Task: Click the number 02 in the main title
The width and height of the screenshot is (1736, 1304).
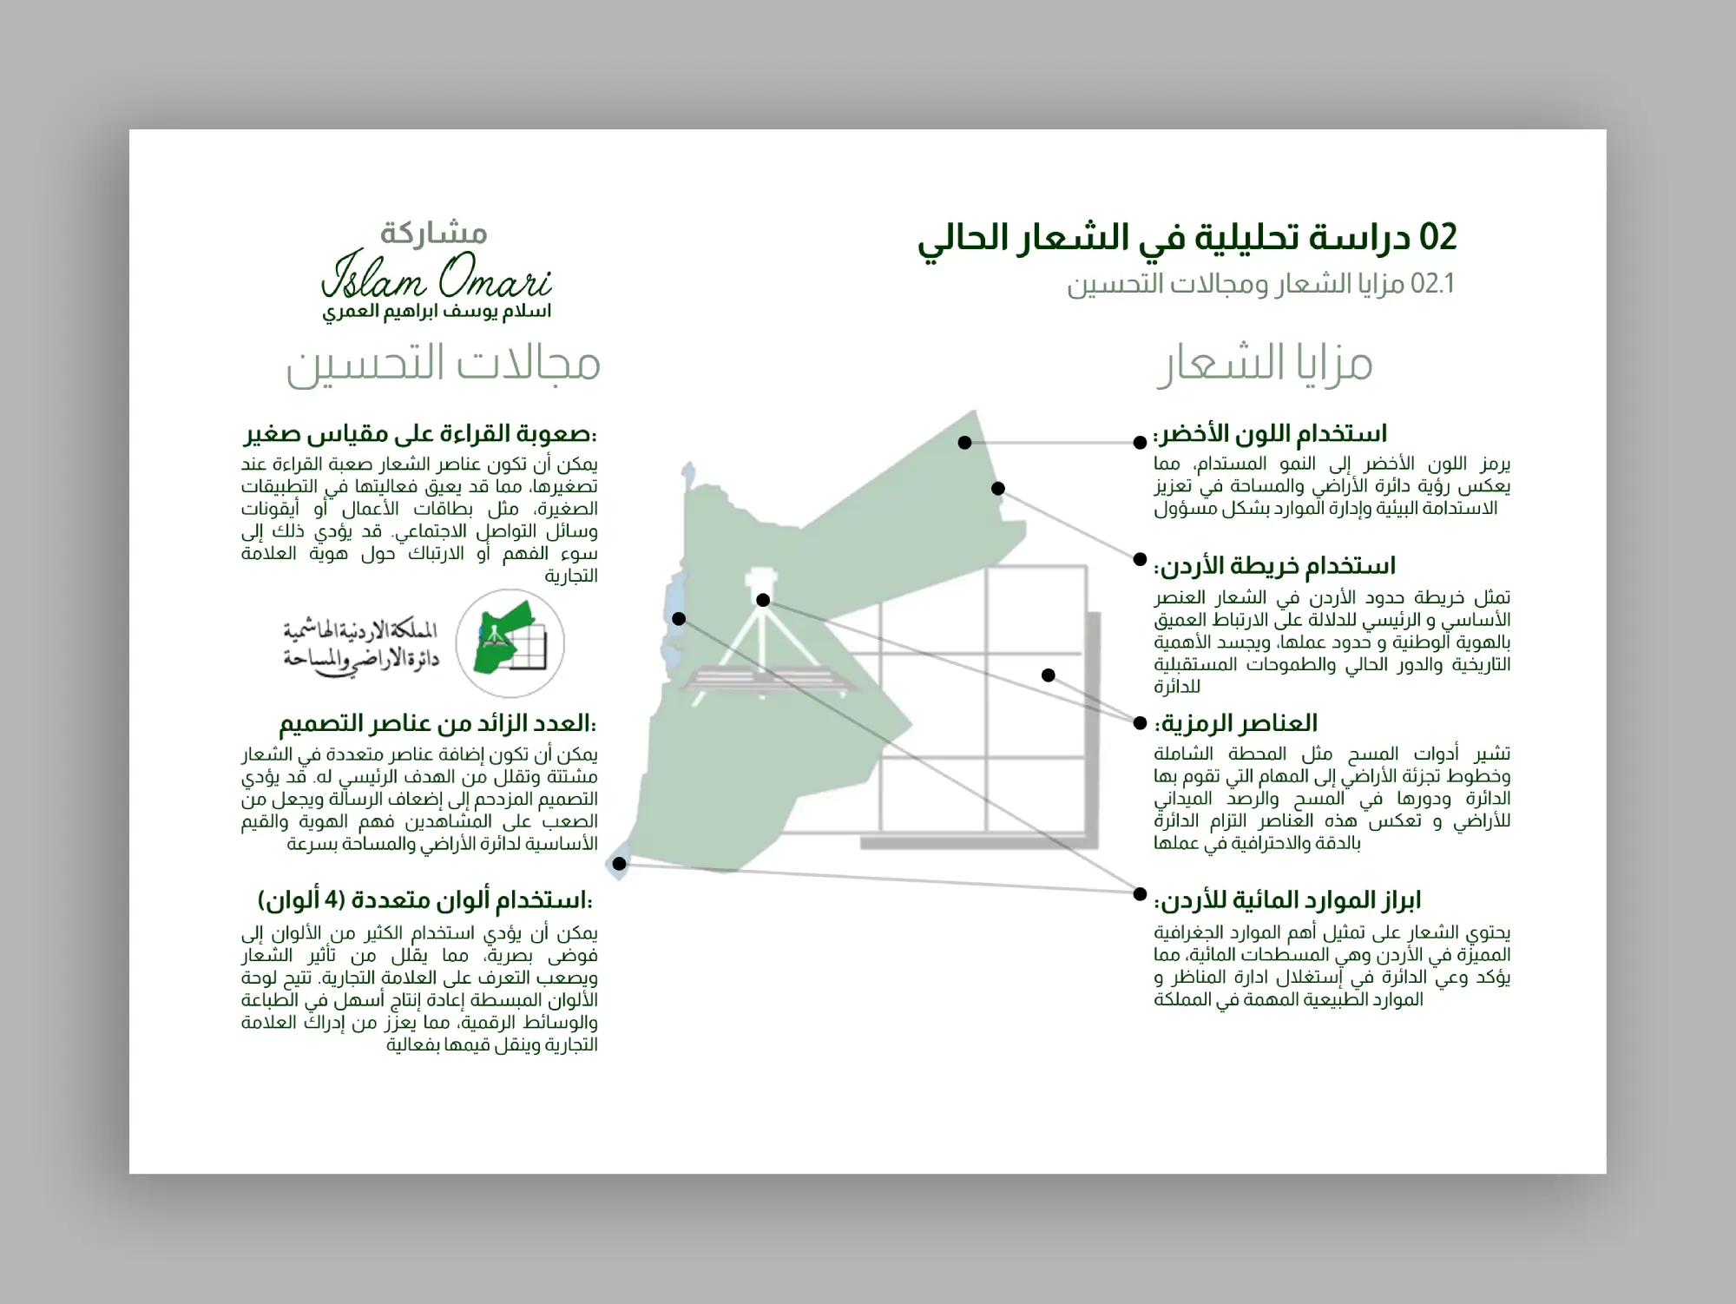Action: click(x=1437, y=238)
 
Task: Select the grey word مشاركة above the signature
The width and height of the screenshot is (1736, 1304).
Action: click(x=434, y=233)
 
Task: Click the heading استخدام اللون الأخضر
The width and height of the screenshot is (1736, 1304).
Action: click(x=1270, y=433)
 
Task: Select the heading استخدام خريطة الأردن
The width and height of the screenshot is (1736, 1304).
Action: click(x=1274, y=566)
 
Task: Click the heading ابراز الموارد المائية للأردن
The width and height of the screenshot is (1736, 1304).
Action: click(x=1287, y=900)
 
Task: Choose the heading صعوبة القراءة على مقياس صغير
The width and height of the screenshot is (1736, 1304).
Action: click(x=420, y=433)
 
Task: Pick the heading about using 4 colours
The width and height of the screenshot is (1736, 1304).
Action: click(x=425, y=900)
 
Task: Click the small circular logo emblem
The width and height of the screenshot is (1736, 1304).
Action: click(x=510, y=643)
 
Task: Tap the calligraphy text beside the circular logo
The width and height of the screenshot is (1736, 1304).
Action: click(x=361, y=645)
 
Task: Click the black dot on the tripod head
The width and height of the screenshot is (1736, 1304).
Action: click(x=763, y=600)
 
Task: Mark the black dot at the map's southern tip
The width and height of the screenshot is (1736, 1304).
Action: click(x=619, y=864)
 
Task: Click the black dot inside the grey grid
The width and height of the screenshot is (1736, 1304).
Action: click(x=1049, y=675)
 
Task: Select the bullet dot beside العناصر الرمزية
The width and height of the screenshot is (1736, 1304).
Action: click(x=1141, y=722)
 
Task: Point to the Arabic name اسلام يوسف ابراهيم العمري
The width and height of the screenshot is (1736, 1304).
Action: click(x=437, y=312)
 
